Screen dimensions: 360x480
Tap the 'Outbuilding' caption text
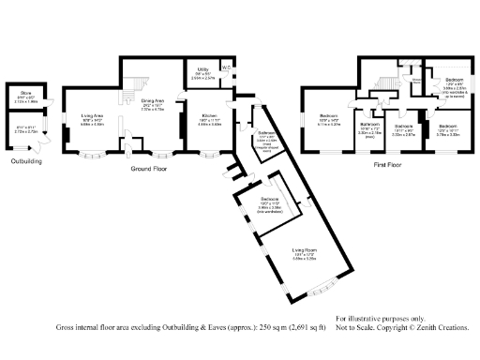point(26,161)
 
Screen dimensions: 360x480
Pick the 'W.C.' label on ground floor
point(226,66)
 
